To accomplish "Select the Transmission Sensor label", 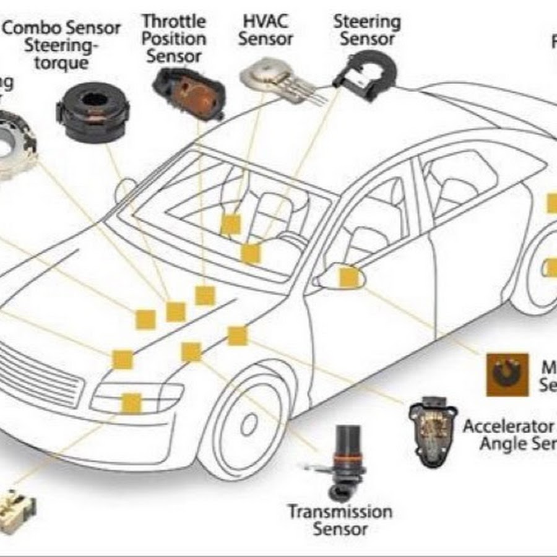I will pos(340,520).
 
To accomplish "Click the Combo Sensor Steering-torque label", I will pos(62,45).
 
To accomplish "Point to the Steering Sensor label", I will pos(367,30).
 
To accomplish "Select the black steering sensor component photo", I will pos(363,77).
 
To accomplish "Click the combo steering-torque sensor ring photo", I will pos(93,111).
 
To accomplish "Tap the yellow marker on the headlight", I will pos(131,403).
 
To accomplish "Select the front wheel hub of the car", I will pos(249,424).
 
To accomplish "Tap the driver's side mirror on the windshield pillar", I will pos(126,189).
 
